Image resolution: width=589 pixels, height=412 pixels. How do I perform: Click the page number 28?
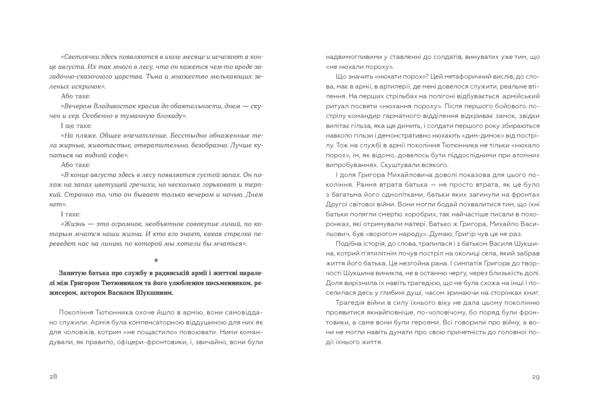click(x=53, y=376)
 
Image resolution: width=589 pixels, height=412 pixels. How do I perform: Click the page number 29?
click(x=535, y=377)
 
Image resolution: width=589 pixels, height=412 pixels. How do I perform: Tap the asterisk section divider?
click(x=156, y=260)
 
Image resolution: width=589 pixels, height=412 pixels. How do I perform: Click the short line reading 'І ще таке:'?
click(x=76, y=126)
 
